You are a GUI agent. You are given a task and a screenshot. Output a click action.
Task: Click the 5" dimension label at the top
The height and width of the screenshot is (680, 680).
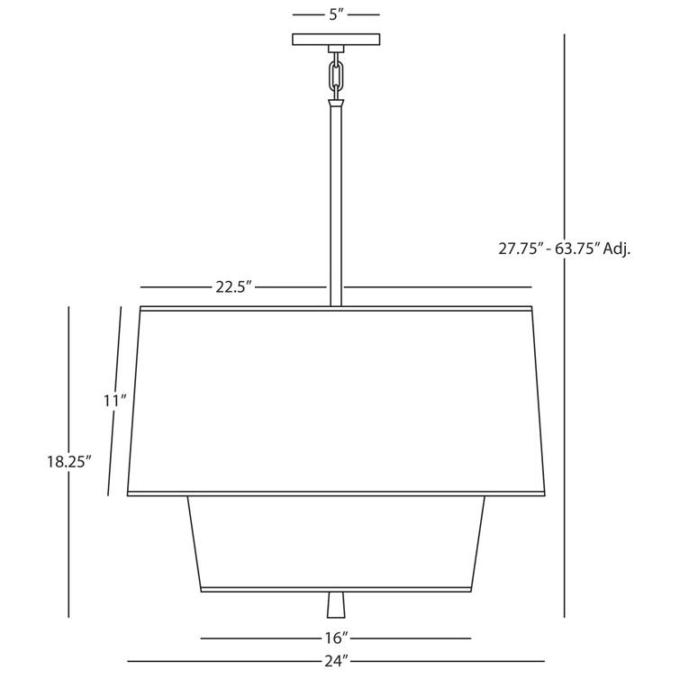point(336,14)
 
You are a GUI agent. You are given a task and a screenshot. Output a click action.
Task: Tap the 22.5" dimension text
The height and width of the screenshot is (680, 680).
point(234,287)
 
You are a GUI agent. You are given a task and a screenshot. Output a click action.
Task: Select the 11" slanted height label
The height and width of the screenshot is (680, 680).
point(115,401)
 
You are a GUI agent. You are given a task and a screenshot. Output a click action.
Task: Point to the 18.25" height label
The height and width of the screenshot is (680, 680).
point(69,461)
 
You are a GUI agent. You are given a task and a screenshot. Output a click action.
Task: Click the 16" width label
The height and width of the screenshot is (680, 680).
point(337,638)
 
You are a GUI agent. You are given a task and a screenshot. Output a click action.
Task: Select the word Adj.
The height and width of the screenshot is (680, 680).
point(617,249)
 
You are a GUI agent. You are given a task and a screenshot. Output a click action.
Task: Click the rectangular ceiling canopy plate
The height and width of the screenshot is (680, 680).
point(336,40)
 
